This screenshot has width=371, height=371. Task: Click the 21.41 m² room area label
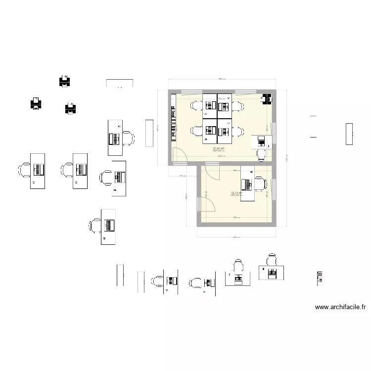pyautogui.click(x=219, y=148)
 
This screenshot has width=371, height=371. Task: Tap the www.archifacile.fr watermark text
pyautogui.click(x=341, y=307)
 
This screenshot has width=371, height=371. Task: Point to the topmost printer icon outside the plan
pyautogui.click(x=64, y=81)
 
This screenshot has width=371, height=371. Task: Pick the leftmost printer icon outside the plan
pyautogui.click(x=36, y=103)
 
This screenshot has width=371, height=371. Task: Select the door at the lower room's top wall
pyautogui.click(x=213, y=171)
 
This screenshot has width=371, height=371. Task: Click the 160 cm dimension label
pyautogui.click(x=182, y=176)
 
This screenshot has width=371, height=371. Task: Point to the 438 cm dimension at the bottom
pyautogui.click(x=236, y=237)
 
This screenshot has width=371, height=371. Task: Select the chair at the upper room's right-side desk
pyautogui.click(x=261, y=154)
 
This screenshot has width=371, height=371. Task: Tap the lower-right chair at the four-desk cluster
pyautogui.click(x=238, y=131)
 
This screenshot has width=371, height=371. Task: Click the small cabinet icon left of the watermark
pyautogui.click(x=319, y=278)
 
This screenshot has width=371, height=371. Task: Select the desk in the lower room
pyautogui.click(x=247, y=185)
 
